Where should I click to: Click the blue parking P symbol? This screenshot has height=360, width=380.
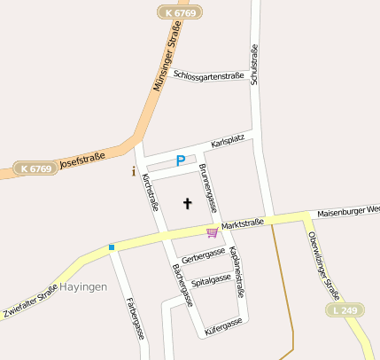tap(181, 161)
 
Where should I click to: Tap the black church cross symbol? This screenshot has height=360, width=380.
tap(187, 204)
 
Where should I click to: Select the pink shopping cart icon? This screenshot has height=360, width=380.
tap(213, 232)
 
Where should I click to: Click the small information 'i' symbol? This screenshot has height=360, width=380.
tap(134, 171)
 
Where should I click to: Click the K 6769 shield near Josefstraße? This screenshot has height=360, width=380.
tap(35, 168)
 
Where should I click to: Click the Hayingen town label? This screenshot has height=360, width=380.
tap(82, 287)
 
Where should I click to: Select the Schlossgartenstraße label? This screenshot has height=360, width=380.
tap(209, 75)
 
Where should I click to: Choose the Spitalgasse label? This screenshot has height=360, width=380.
tap(211, 280)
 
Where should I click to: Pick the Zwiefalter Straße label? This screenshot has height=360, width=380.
tap(30, 300)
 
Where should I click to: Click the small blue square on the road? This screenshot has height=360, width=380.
tap(112, 247)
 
